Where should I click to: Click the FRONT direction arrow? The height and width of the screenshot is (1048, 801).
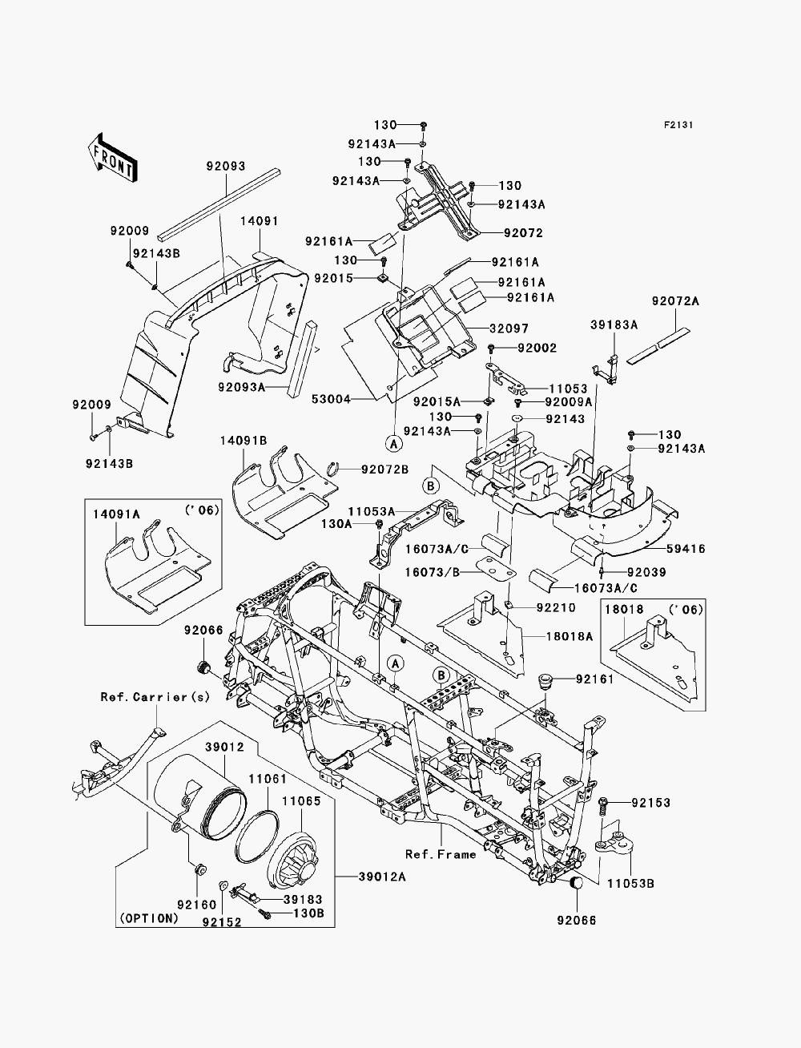point(112,158)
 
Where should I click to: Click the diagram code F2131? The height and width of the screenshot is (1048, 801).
point(678,125)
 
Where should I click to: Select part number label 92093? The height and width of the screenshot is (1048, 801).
point(226,166)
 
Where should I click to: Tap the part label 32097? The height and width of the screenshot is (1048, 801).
point(509,329)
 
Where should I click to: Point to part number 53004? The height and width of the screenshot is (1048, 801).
point(332,399)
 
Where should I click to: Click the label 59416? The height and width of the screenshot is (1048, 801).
point(686,549)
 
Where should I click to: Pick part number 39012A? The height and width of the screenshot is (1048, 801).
point(382,877)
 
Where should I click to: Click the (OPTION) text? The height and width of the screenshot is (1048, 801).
point(148,918)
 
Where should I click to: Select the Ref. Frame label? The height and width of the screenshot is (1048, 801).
point(441,854)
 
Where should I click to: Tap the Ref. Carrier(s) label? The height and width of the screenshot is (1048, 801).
point(155,697)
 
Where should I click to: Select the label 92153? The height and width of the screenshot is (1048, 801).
point(651,803)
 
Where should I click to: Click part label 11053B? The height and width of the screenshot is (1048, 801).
point(630,884)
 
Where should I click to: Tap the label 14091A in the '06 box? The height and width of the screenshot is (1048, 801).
point(116,514)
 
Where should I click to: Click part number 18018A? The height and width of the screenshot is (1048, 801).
point(570,636)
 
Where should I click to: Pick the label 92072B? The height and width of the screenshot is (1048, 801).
point(384,470)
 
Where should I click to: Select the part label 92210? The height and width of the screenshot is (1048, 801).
point(556,608)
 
